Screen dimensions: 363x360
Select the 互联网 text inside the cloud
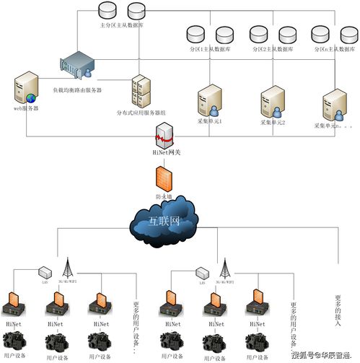tap(164, 219)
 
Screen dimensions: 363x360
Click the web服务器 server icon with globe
tap(25, 90)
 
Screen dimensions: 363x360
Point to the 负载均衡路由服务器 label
tap(77, 90)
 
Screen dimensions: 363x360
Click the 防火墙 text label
tap(164, 196)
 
